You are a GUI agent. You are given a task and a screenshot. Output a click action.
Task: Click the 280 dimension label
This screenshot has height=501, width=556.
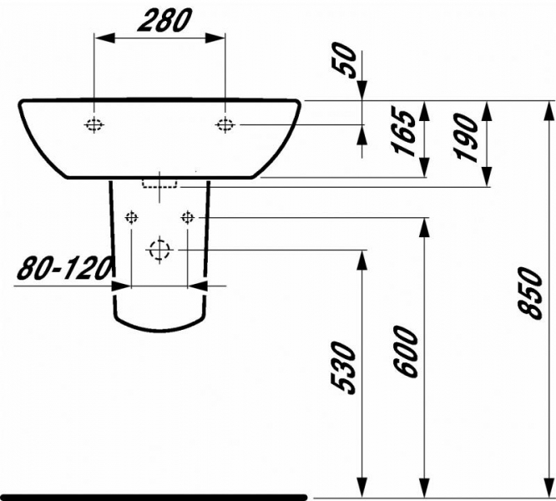coord(165,20)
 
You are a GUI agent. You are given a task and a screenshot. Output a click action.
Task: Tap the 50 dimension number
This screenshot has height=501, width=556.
coord(343,60)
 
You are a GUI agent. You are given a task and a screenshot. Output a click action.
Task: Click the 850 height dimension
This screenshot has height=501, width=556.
coord(530,293)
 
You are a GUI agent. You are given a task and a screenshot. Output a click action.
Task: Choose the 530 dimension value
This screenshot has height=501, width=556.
coord(342,368)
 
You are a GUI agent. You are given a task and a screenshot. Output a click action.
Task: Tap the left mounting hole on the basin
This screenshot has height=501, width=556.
coord(94,124)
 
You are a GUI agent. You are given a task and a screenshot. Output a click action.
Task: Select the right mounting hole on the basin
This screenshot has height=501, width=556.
coord(225,124)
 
